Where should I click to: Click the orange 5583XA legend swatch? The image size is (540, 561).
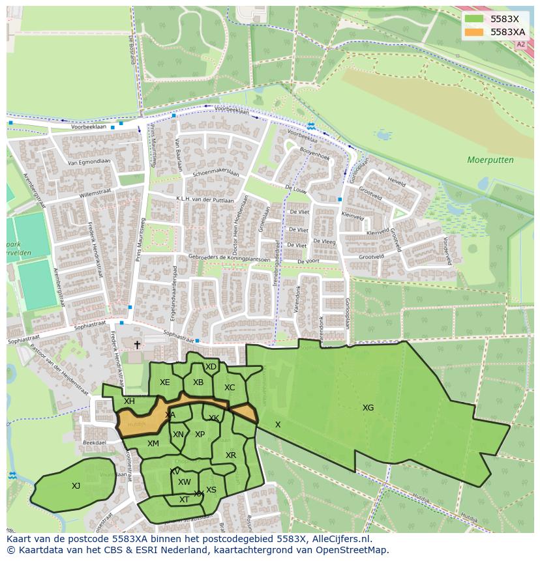pyautogui.click(x=475, y=32)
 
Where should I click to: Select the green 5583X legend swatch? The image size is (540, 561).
pyautogui.click(x=475, y=19)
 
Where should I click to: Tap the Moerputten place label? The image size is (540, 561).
pyautogui.click(x=490, y=160)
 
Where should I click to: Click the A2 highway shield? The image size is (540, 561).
pyautogui.click(x=520, y=45)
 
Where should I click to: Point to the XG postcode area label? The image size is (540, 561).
pyautogui.click(x=368, y=408)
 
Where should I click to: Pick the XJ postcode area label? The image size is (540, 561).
pyautogui.click(x=76, y=485)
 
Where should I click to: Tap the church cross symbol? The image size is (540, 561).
pyautogui.click(x=137, y=345)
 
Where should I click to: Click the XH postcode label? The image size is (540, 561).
pyautogui.click(x=129, y=401)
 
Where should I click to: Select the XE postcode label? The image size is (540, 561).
pyautogui.click(x=164, y=382)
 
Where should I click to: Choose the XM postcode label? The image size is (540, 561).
pyautogui.click(x=153, y=444)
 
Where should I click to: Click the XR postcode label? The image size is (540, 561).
pyautogui.click(x=230, y=455)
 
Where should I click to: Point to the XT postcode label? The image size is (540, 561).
pyautogui.click(x=184, y=500)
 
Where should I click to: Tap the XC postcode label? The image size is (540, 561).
pyautogui.click(x=229, y=388)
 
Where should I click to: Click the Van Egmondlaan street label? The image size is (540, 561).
pyautogui.click(x=89, y=162)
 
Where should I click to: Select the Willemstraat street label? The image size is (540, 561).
pyautogui.click(x=97, y=194)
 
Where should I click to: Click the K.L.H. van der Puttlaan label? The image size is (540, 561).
pyautogui.click(x=204, y=199)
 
